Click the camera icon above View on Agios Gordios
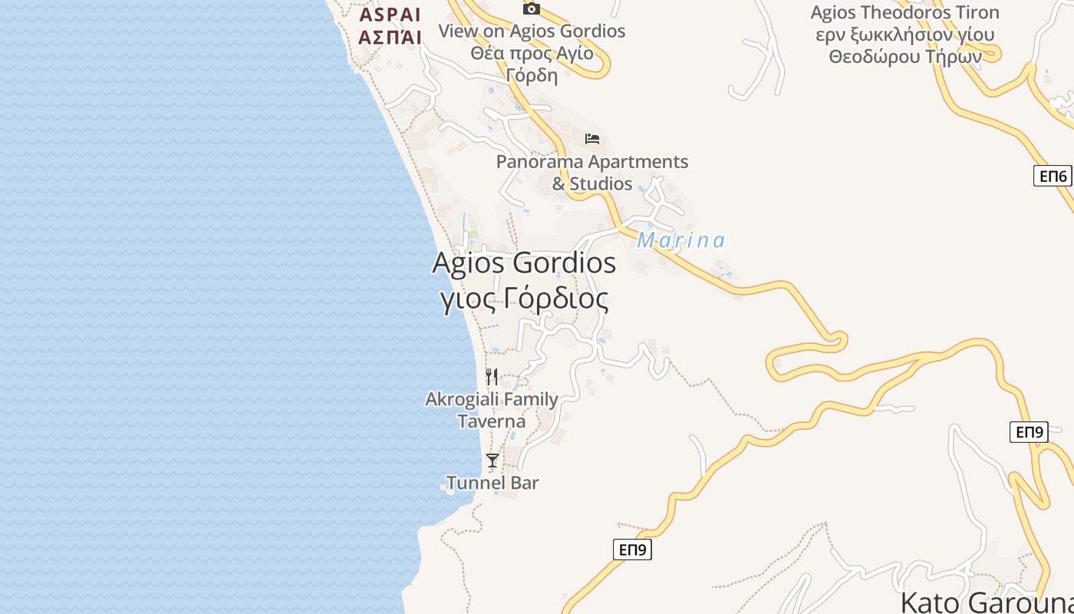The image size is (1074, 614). coord(531,8)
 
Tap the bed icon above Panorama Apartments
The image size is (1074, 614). coord(592,139)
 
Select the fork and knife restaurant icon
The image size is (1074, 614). coord(492,376)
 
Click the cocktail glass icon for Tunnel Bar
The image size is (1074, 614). coord(493,460)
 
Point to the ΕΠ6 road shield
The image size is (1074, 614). coord(1053,176)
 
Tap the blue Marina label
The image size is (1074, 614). coord(681,241)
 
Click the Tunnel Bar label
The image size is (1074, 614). coord(493,483)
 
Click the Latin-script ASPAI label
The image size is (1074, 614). coord(390,15)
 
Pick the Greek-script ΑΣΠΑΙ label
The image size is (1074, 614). coord(390,37)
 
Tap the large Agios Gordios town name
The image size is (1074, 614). coord(524,263)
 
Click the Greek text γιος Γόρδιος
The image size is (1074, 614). coord(525,299)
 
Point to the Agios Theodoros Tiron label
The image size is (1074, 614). coord(904,12)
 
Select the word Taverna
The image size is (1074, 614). coord(492,421)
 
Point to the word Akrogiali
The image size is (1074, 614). coord(463,399)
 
